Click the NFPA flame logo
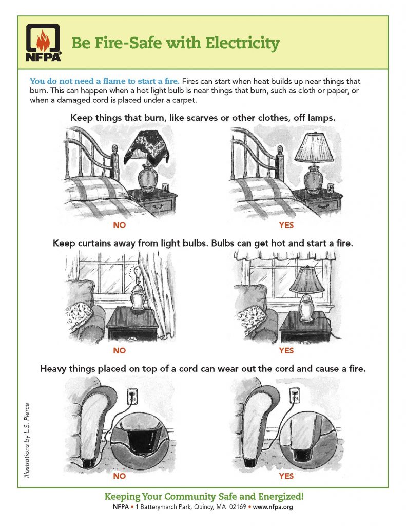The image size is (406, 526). coord(44,43)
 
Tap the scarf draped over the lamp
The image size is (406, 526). coord(147,148)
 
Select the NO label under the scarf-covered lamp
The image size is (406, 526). coord(120,225)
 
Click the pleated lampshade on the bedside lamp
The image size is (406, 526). coord(314,147)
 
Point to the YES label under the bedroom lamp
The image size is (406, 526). coord(286,225)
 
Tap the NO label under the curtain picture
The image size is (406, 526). coord(120,350)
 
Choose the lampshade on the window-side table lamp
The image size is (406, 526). coord(307,280)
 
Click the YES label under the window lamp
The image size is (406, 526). coord(286,350)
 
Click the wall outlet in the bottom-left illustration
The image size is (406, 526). coord(132,396)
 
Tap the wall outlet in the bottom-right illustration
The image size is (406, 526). coord(295,396)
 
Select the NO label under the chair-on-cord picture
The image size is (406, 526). coord(120,476)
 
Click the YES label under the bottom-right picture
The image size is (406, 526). coord(286,476)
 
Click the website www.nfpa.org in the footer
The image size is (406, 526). coord(273,507)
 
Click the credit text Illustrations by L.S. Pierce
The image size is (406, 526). coord(27,440)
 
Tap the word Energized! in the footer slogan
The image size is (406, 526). coord(281,497)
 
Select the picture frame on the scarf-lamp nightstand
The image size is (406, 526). coord(165,188)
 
